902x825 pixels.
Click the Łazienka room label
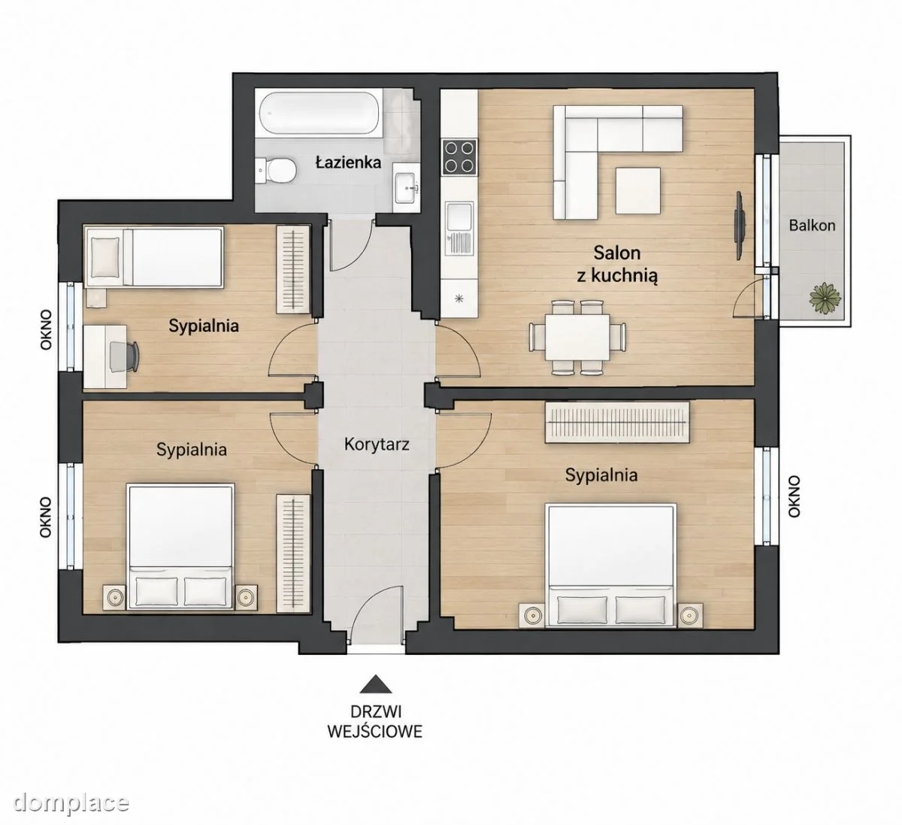(349, 162)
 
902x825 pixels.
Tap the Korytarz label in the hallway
(377, 445)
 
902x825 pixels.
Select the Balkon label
(812, 226)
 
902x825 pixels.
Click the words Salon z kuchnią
(617, 264)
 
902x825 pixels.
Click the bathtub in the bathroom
(319, 113)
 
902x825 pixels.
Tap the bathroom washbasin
(407, 188)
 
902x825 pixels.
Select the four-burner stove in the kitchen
(459, 157)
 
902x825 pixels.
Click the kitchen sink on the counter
(459, 228)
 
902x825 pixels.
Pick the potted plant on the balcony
(825, 298)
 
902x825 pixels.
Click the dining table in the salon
(577, 337)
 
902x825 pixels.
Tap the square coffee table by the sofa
(638, 190)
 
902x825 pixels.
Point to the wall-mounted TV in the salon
(740, 226)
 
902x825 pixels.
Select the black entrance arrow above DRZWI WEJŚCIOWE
(376, 684)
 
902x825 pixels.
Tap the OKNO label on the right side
(794, 496)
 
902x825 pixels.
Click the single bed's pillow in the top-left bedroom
(106, 257)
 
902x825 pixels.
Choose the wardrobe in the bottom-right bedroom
(617, 422)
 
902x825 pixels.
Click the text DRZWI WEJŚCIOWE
(375, 722)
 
